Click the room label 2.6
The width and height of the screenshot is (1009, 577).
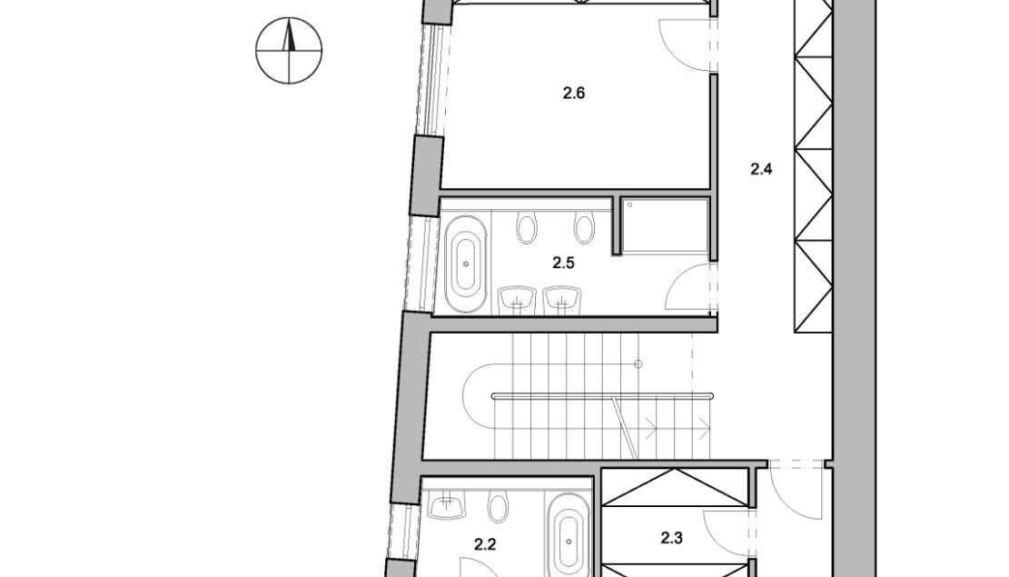pos(573,94)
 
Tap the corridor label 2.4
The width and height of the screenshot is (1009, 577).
pos(761,169)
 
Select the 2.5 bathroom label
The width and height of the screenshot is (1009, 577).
pos(563,263)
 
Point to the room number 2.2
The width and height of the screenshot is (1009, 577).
pos(485,545)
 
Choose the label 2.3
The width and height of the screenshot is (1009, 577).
pos(672,538)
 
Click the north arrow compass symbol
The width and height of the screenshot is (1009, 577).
pos(289,51)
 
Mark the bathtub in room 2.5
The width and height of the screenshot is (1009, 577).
pos(467,264)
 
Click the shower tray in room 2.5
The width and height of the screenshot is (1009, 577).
pos(666,226)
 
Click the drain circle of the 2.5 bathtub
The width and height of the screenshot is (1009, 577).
pos(467,264)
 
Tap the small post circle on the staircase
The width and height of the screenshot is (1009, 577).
pos(638,364)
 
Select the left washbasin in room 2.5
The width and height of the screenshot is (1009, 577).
pos(518,300)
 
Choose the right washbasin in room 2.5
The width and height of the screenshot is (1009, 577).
pos(562,300)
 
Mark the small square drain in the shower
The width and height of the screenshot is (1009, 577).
pos(629,205)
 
